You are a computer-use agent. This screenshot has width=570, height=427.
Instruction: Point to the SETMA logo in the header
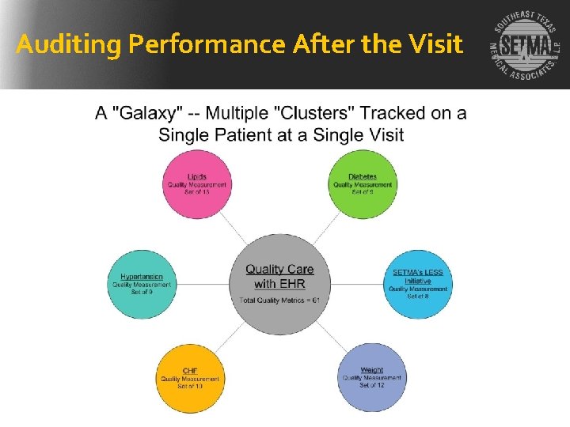[523, 46]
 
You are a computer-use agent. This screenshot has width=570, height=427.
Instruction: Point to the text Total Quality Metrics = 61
[279, 300]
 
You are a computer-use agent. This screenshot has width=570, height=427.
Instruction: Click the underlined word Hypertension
[142, 277]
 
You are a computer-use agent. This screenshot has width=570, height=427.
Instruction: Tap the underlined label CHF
[190, 371]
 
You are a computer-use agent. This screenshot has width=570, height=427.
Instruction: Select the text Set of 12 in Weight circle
[371, 386]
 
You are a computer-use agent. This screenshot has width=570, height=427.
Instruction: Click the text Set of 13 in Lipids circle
[196, 192]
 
